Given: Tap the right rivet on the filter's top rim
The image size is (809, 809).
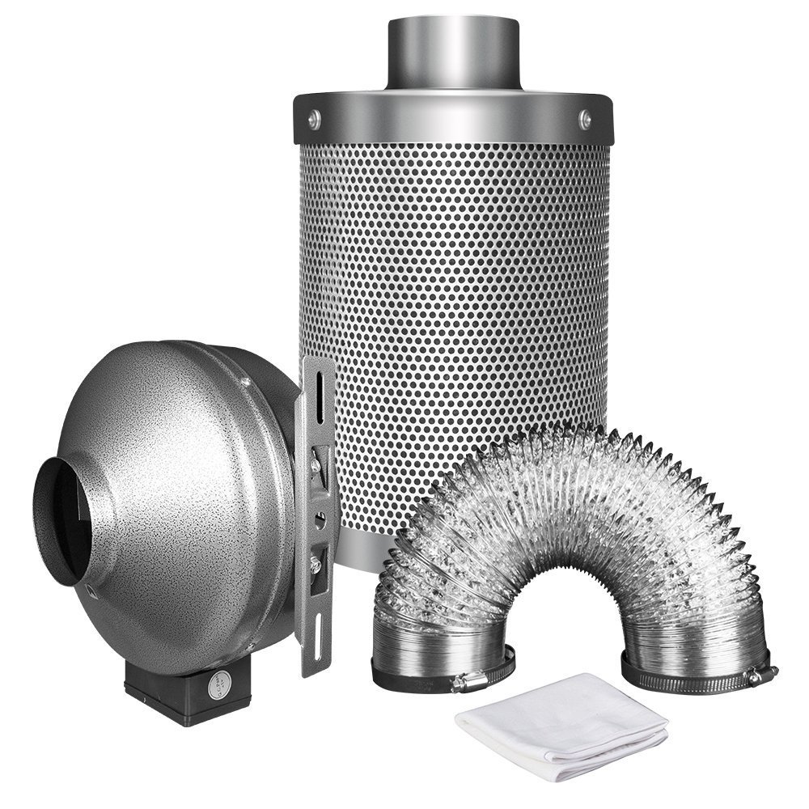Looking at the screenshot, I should tap(585, 119).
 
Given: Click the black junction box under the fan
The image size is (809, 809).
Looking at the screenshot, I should tap(194, 696).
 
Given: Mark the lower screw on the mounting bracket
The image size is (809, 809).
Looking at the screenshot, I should tap(317, 557).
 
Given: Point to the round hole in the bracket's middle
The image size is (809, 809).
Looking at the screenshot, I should tap(323, 513).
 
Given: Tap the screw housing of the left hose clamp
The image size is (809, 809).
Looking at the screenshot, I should tap(469, 684).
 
